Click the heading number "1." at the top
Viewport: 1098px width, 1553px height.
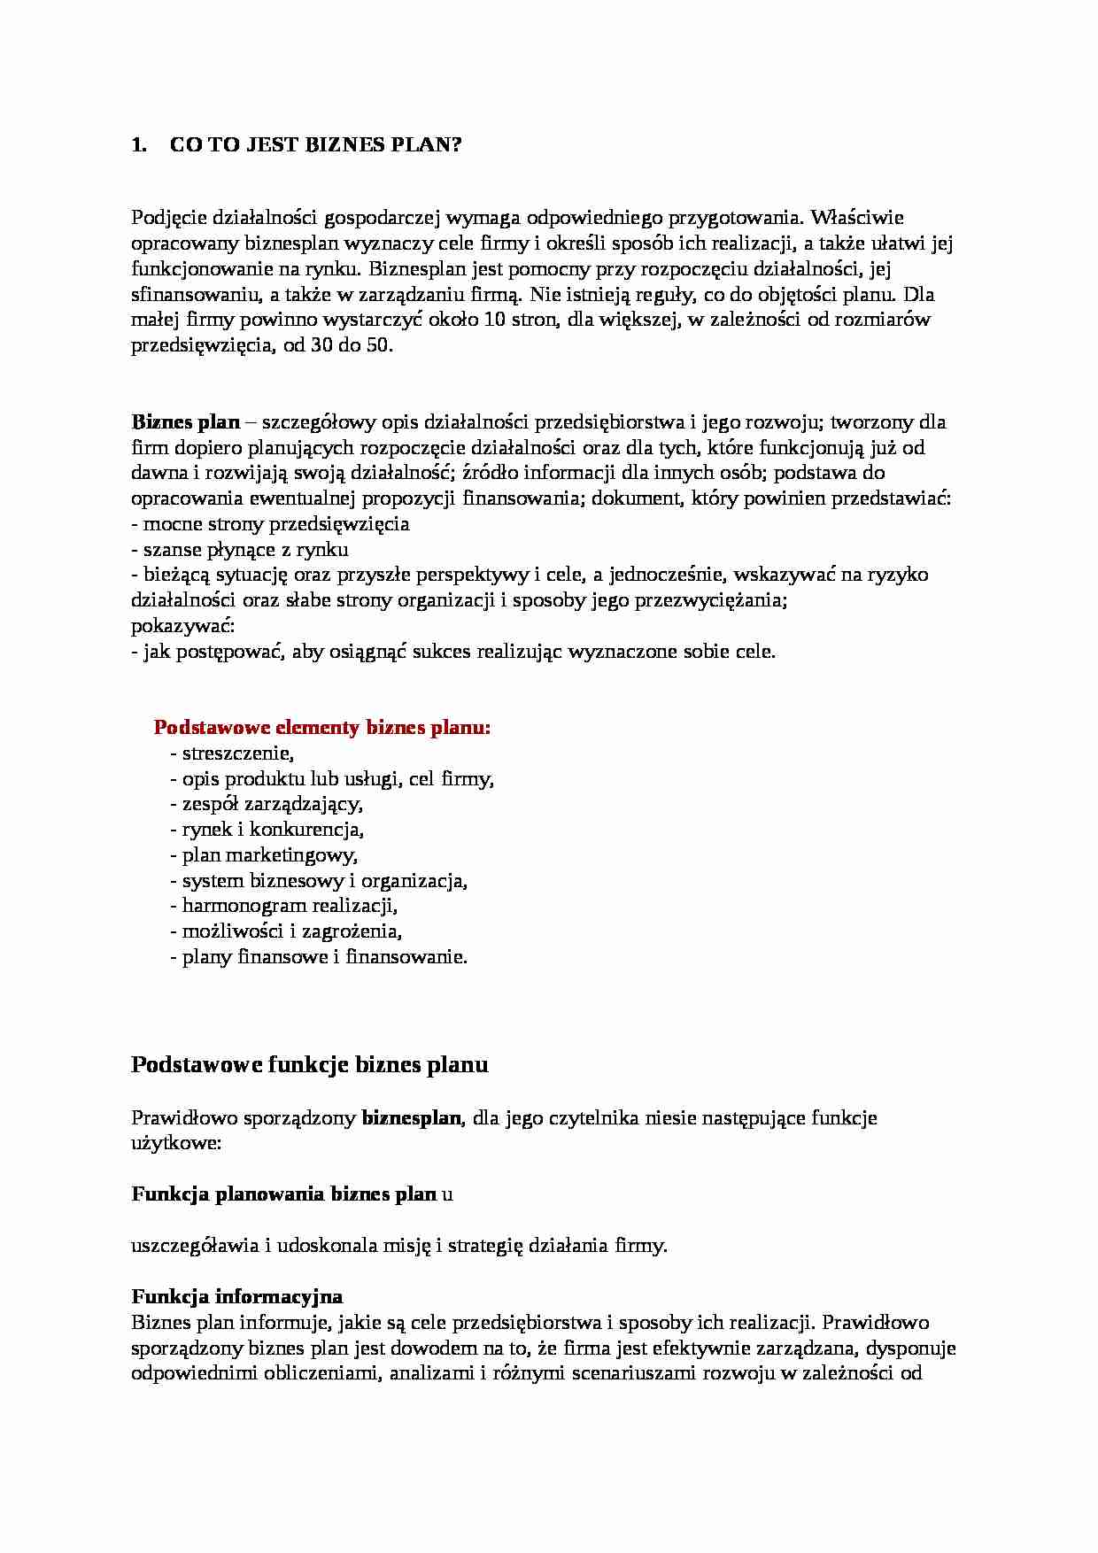tap(138, 145)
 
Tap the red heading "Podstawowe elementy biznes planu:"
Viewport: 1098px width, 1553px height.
tap(321, 728)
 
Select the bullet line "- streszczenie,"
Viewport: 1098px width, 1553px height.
tap(231, 753)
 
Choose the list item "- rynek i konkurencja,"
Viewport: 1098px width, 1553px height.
tap(267, 830)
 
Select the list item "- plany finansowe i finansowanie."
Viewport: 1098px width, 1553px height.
tap(318, 956)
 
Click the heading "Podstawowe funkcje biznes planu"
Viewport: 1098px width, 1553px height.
tap(309, 1064)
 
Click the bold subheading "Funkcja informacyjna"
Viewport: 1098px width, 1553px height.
tap(236, 1297)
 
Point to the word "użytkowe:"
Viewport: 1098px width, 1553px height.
tap(175, 1143)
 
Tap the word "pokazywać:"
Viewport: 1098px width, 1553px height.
tap(182, 626)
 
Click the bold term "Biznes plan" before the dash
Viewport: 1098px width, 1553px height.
tap(185, 421)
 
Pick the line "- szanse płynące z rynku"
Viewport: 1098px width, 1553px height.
tap(239, 550)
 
